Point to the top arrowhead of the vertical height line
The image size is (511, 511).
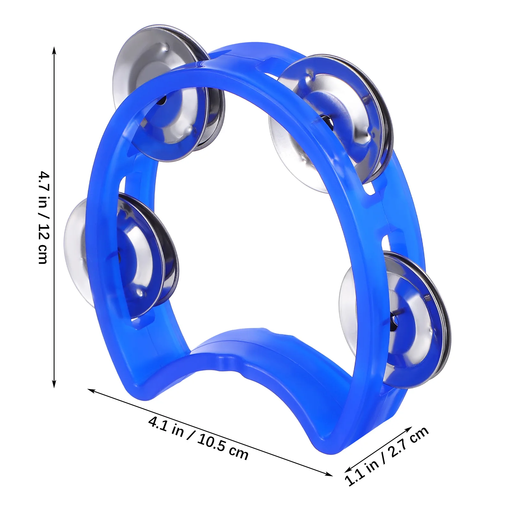click(x=54, y=50)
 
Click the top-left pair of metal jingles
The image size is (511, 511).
click(x=169, y=93)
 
